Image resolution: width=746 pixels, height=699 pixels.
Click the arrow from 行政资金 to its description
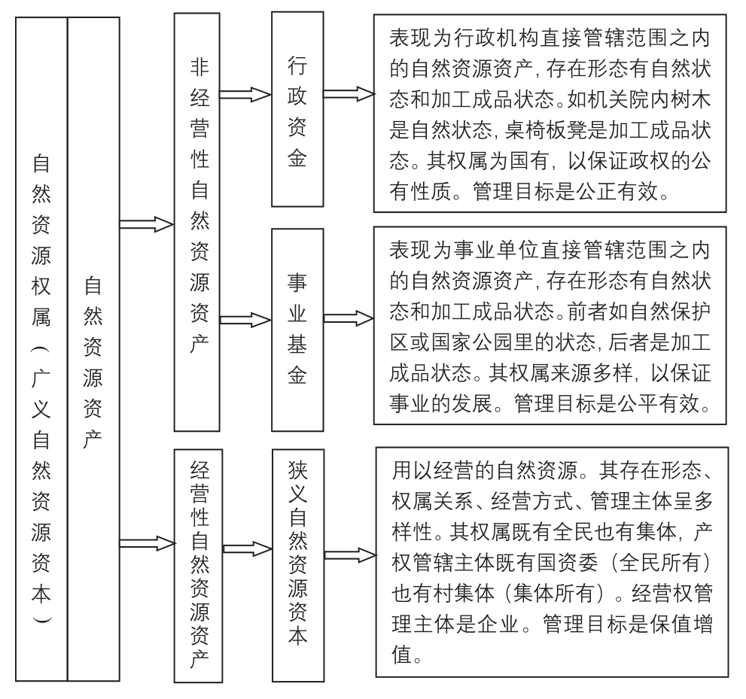(x=349, y=94)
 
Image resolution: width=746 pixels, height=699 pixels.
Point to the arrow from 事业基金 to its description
(x=349, y=318)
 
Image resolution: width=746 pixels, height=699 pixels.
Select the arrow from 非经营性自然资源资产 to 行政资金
(x=245, y=95)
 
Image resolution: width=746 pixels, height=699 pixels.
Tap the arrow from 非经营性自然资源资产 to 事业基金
(x=245, y=320)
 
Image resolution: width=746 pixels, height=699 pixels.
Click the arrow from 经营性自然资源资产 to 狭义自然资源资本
(x=248, y=549)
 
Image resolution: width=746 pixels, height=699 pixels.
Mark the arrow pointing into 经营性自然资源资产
(x=147, y=543)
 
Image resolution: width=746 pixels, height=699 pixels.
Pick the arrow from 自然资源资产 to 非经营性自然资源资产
(x=147, y=224)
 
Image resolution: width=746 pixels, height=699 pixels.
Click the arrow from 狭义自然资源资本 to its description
(x=350, y=555)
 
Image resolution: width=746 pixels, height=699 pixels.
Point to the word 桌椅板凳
(x=537, y=130)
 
